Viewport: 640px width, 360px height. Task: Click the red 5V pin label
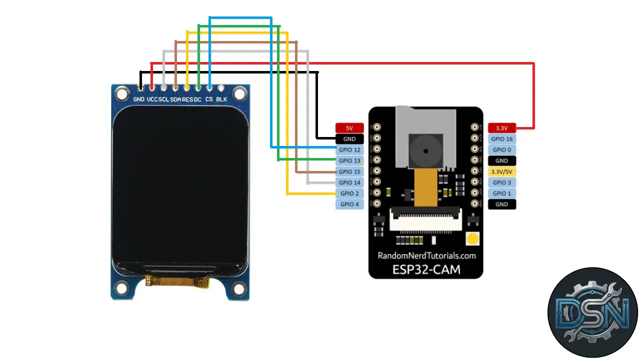click(349, 128)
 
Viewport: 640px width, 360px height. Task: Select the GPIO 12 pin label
click(349, 150)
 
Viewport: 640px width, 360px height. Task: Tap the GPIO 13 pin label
click(349, 161)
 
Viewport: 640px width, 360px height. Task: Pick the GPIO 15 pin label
click(349, 172)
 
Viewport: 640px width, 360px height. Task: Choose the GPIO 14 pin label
click(349, 183)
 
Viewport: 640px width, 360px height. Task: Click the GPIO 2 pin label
click(349, 193)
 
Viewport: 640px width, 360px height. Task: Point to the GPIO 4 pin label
click(349, 204)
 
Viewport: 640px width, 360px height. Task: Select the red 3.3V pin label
click(501, 128)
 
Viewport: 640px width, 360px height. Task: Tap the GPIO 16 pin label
click(501, 139)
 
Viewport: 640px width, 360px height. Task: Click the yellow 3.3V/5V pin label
click(501, 171)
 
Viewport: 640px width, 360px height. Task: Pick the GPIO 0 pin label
click(501, 150)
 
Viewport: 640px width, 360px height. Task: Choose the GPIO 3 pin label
click(501, 182)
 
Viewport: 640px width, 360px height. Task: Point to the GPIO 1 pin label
click(501, 193)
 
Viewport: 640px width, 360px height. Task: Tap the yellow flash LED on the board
click(471, 239)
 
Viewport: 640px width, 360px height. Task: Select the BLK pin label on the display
click(221, 99)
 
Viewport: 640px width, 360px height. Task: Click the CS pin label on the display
click(209, 99)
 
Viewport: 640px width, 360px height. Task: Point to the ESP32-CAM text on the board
click(426, 269)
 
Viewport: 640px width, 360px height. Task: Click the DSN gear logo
click(593, 312)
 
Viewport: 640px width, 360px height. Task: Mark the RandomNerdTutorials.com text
click(426, 255)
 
